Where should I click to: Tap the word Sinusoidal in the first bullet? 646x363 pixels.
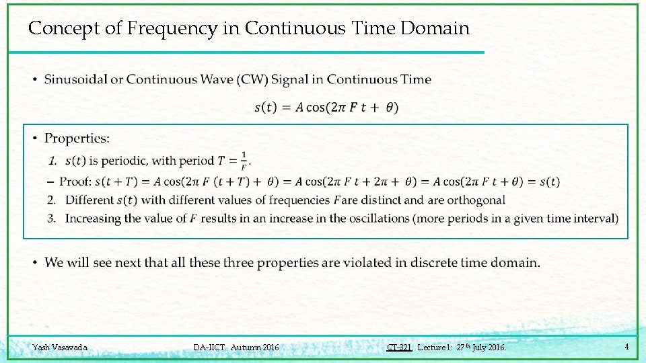coord(75,79)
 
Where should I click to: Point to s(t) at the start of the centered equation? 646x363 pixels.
coord(264,108)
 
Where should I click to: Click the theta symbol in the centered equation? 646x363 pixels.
coord(391,108)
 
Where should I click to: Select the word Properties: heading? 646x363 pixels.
coord(77,138)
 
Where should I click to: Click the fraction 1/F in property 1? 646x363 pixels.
coord(243,160)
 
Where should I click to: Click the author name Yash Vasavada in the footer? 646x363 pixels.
coord(60,348)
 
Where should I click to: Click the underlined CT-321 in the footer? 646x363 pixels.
coord(399,348)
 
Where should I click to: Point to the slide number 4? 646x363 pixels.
coord(626,347)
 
